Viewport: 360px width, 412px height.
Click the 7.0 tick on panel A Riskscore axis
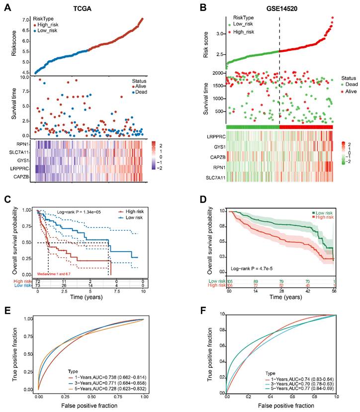tap(25, 20)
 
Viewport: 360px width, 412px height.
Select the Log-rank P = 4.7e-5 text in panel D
tap(254, 268)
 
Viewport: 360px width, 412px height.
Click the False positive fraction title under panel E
tap(90, 407)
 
